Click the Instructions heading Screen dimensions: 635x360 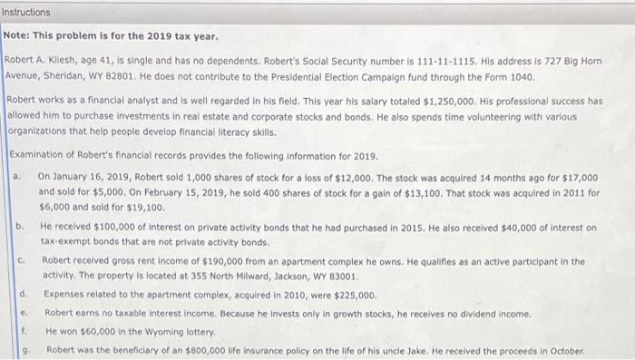[26, 13]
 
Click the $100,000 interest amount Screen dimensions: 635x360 [110, 227]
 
